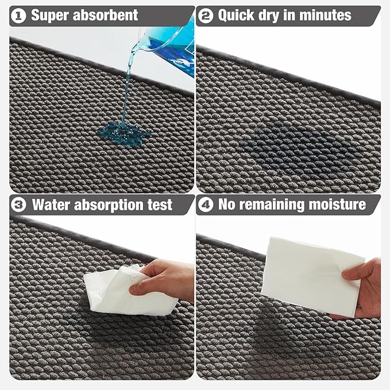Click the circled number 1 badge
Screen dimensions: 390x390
point(19,16)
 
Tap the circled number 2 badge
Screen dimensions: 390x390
point(206,16)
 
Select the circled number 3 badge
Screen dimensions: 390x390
point(19,204)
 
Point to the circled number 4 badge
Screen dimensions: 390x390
point(206,204)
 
